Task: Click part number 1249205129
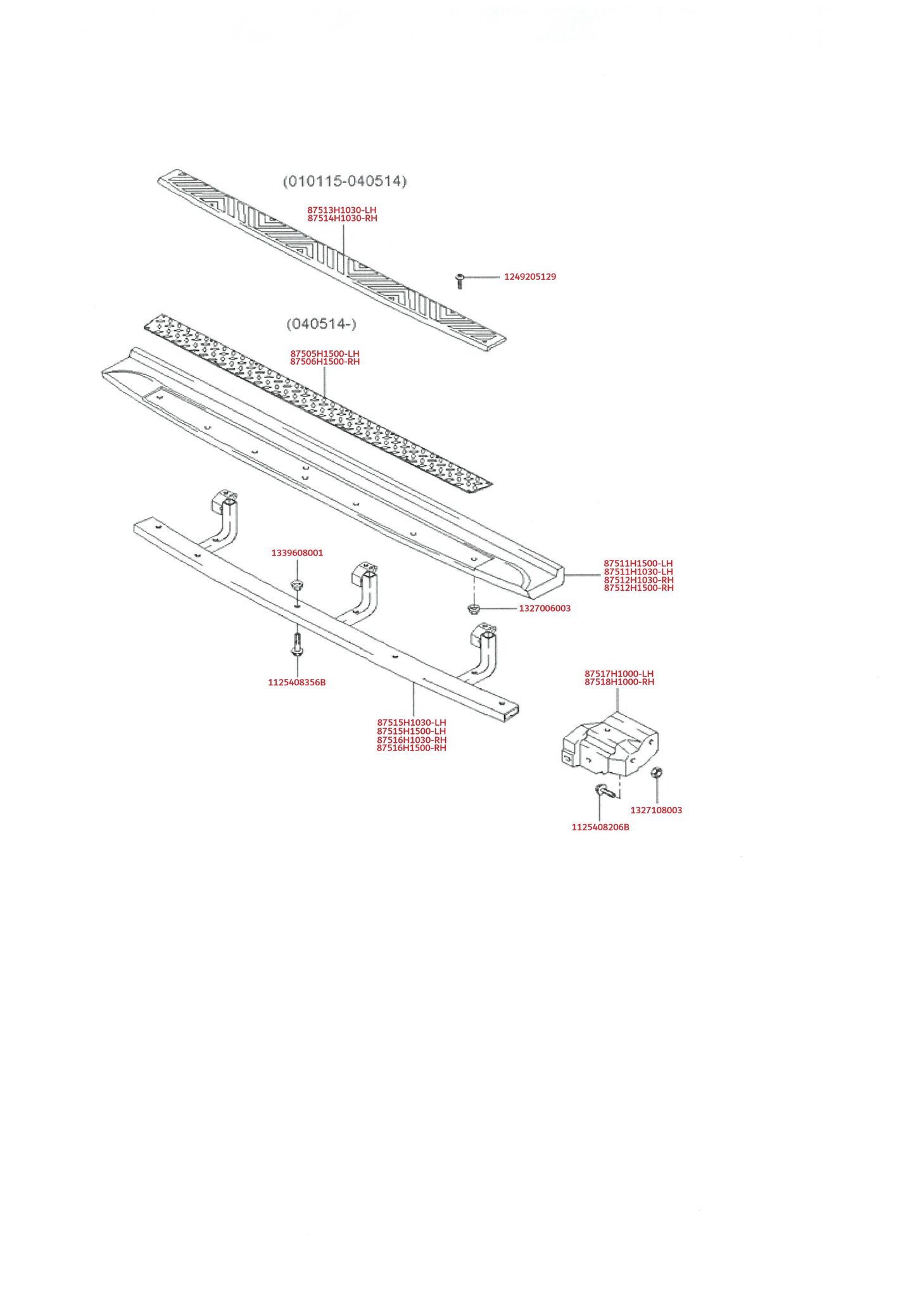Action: pyautogui.click(x=530, y=277)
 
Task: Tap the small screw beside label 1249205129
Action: pyautogui.click(x=460, y=281)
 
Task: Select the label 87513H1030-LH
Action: pyautogui.click(x=342, y=210)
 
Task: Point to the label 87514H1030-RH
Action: pyautogui.click(x=343, y=218)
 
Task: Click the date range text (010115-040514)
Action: pyautogui.click(x=345, y=181)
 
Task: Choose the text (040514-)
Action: pyautogui.click(x=322, y=324)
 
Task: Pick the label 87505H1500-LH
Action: pyautogui.click(x=325, y=353)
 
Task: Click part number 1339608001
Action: pyautogui.click(x=297, y=553)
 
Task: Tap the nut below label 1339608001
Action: pyautogui.click(x=296, y=583)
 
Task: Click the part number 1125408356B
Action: pyautogui.click(x=297, y=682)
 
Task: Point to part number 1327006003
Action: pyautogui.click(x=545, y=609)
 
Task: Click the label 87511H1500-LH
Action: pyautogui.click(x=638, y=563)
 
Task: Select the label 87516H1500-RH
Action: pyautogui.click(x=412, y=748)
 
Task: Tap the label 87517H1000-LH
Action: pyautogui.click(x=619, y=674)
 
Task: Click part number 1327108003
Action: pyautogui.click(x=656, y=810)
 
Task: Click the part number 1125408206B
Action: pyautogui.click(x=600, y=827)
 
